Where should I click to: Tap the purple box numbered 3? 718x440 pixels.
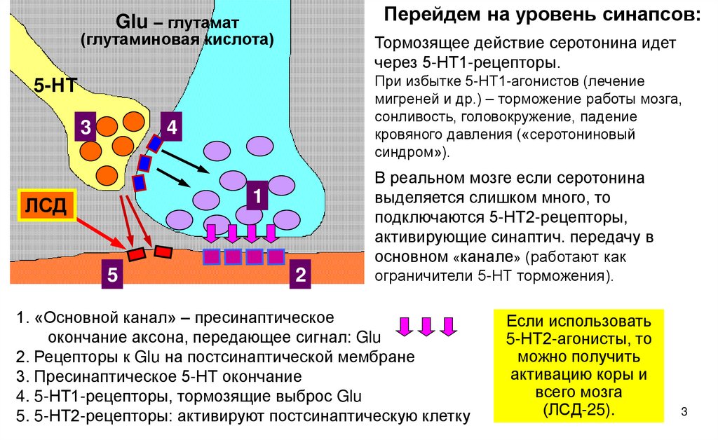pos(86,128)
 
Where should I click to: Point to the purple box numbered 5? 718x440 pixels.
pos(112,275)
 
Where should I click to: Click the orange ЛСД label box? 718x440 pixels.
pos(46,206)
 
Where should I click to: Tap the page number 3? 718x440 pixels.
pos(684,409)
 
